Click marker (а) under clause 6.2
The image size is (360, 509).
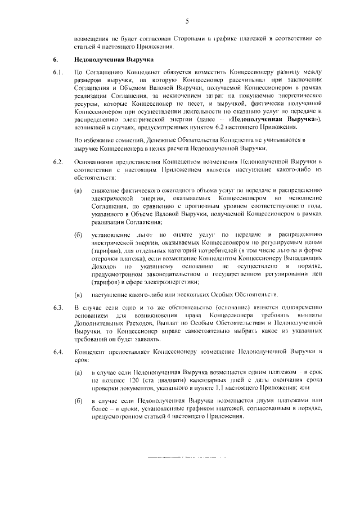pyautogui.click(x=78, y=191)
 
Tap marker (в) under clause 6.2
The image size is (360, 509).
pyautogui.click(x=78, y=294)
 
